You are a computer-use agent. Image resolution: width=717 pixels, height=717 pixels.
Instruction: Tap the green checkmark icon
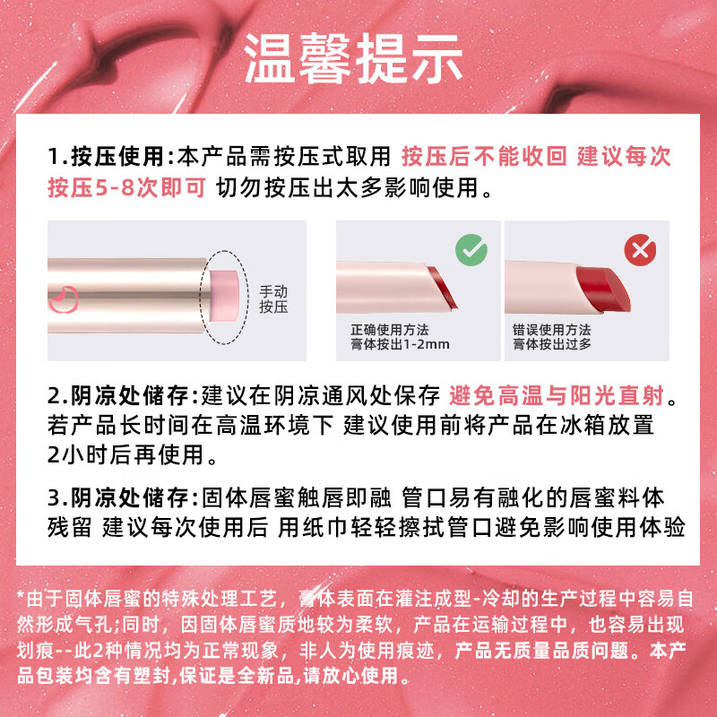pos(471,250)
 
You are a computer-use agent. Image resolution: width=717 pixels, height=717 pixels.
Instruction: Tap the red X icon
pos(640,250)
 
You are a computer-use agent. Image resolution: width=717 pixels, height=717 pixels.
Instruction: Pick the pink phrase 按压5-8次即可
pos(127,187)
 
